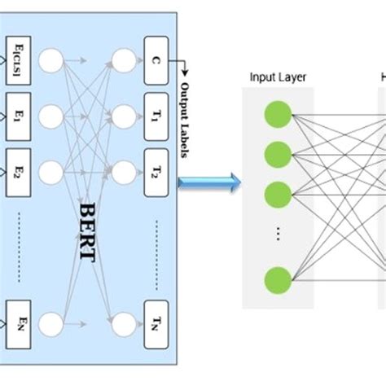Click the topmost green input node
click(278, 114)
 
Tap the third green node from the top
click(278, 194)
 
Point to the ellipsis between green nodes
click(278, 235)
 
